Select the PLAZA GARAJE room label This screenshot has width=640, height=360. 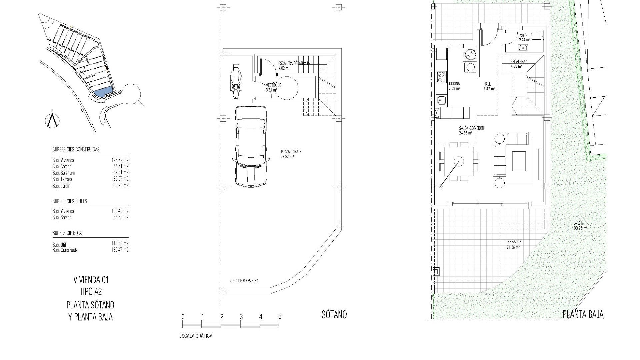pyautogui.click(x=291, y=152)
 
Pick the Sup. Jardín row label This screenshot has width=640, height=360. pyautogui.click(x=61, y=186)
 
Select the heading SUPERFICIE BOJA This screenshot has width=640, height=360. pyautogui.click(x=67, y=233)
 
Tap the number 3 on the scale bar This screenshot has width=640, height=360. pyautogui.click(x=241, y=317)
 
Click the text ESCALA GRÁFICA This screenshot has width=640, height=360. pyautogui.click(x=196, y=336)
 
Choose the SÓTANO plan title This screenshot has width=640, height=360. pyautogui.click(x=334, y=314)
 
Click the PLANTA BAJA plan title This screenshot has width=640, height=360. pyautogui.click(x=583, y=314)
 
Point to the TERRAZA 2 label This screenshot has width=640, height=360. pyautogui.click(x=513, y=242)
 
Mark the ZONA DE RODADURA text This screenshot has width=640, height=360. pyautogui.click(x=244, y=281)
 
